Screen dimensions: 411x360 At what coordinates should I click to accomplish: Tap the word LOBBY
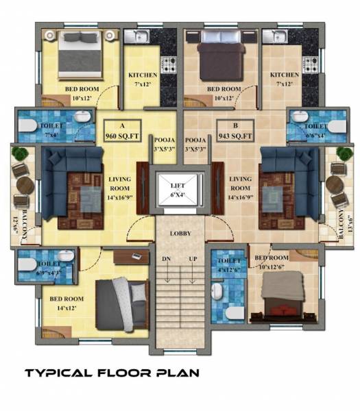click(180, 234)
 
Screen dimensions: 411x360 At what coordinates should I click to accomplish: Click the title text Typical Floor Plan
click(112, 373)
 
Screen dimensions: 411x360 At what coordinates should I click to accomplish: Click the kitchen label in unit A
click(143, 79)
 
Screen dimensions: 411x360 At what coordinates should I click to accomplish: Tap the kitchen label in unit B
click(284, 79)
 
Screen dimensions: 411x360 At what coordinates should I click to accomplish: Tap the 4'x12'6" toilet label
click(228, 265)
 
